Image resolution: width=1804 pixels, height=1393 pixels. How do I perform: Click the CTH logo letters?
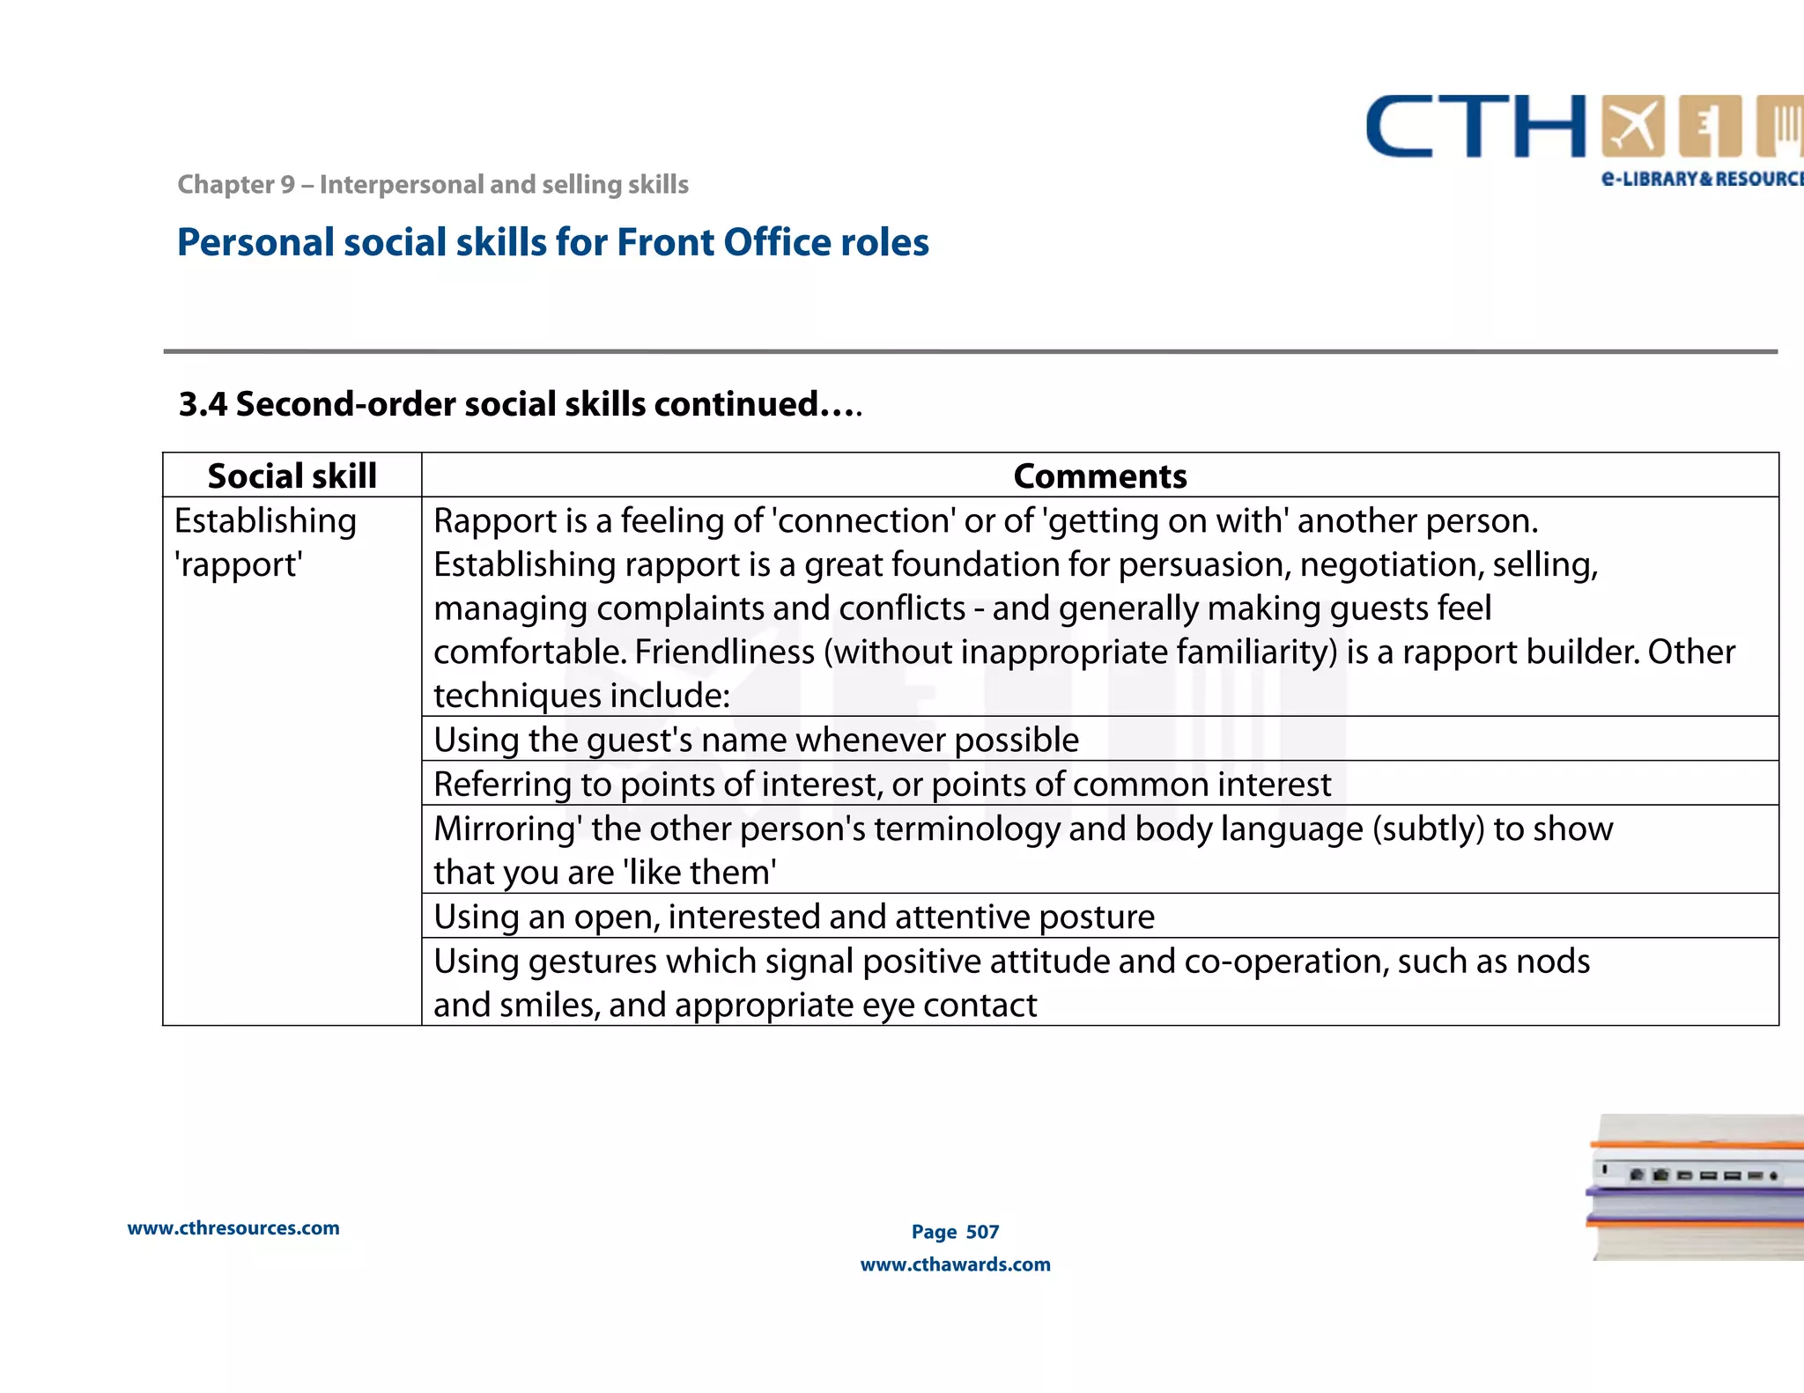click(1475, 128)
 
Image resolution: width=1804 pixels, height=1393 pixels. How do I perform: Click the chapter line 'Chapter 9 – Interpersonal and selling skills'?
click(433, 185)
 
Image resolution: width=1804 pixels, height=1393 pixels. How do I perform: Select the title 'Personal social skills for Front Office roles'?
click(552, 243)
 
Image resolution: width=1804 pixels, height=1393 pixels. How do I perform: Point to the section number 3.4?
click(203, 404)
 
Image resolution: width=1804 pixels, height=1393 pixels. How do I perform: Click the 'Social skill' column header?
click(292, 476)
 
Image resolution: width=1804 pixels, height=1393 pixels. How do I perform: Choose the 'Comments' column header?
click(1099, 476)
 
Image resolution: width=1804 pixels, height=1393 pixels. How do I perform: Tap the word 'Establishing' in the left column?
click(265, 520)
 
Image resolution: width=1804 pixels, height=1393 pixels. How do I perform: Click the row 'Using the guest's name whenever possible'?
click(756, 740)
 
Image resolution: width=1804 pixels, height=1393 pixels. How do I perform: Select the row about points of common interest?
click(882, 784)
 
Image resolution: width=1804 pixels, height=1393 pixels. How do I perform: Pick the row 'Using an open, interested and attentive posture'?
click(794, 917)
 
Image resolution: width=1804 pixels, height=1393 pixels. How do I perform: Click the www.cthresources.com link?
click(233, 1228)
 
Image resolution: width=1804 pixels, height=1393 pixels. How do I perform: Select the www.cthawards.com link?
click(955, 1264)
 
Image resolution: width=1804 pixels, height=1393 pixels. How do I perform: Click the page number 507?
click(982, 1232)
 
